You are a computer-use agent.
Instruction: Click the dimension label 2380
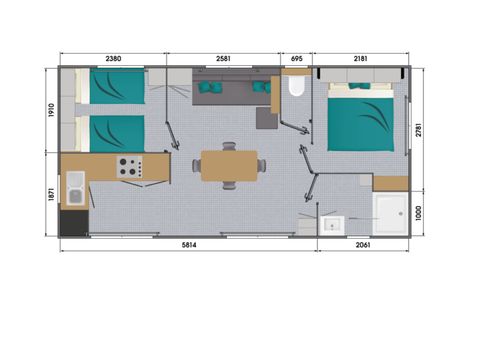[x=112, y=58]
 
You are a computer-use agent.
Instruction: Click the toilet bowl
[x=294, y=89]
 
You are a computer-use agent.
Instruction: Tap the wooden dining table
[x=229, y=166]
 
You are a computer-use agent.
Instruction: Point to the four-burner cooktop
[x=128, y=167]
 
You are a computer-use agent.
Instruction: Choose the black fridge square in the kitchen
[x=74, y=221]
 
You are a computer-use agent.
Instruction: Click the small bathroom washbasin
[x=330, y=225]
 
